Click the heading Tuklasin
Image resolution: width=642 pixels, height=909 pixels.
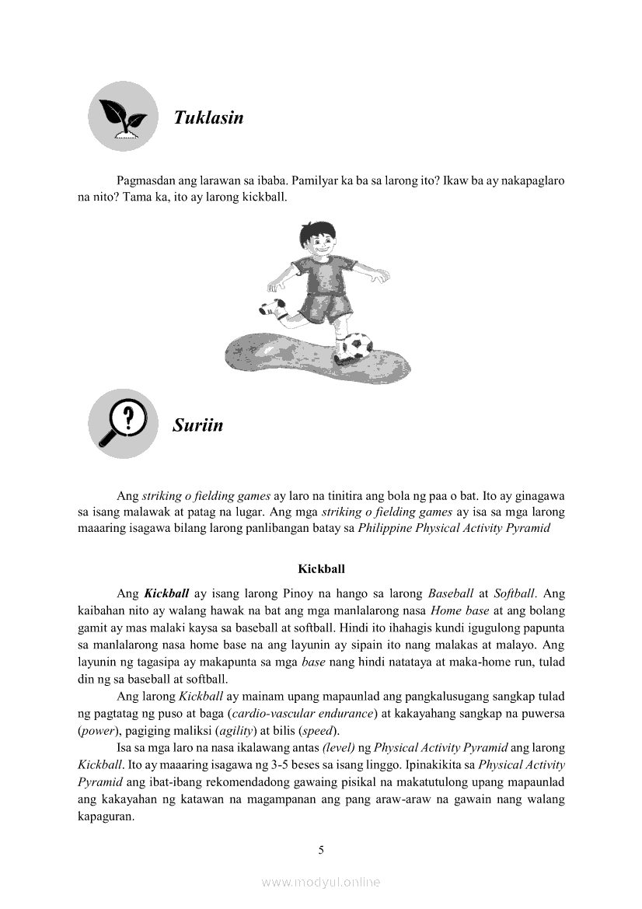click(x=208, y=117)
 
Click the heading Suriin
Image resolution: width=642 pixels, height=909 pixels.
click(x=197, y=425)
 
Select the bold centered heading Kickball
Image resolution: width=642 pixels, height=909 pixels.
click(x=321, y=568)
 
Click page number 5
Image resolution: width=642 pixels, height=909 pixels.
click(x=321, y=850)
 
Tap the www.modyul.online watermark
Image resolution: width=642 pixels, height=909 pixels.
click(x=321, y=882)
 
